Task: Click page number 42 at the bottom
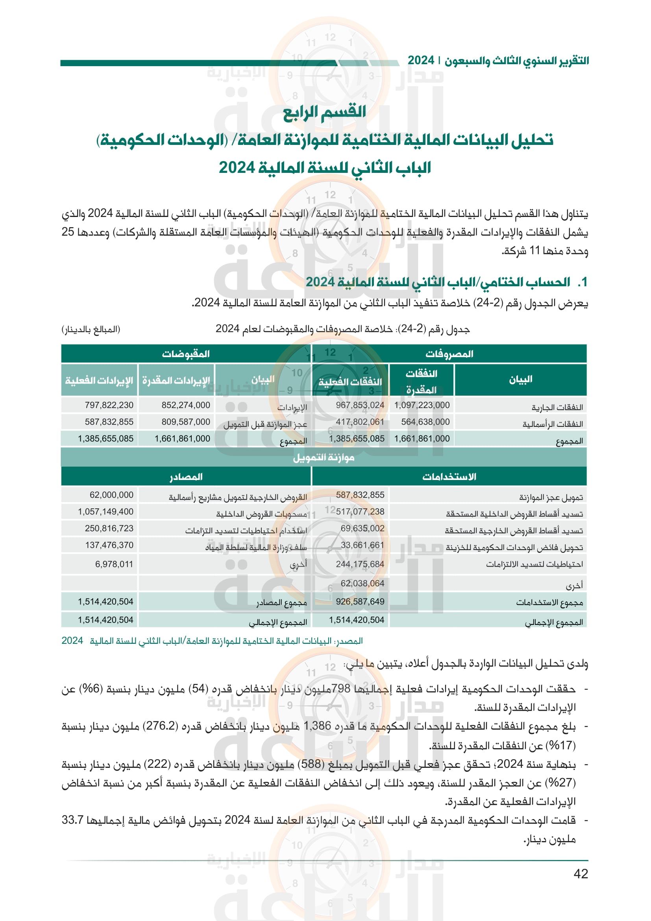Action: click(x=581, y=873)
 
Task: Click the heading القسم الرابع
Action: click(x=324, y=112)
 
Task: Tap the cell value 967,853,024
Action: click(x=360, y=405)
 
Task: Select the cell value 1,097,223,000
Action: click(x=422, y=405)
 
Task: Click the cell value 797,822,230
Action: click(x=109, y=405)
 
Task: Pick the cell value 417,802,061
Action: click(x=360, y=422)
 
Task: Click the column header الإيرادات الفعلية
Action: click(x=99, y=380)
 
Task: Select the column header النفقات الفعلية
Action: click(x=350, y=382)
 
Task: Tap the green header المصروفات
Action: click(x=449, y=354)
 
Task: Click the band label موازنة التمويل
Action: click(x=324, y=457)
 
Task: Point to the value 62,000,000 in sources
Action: click(x=111, y=495)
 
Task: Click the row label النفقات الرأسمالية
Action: click(x=552, y=424)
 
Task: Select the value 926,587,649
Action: click(x=360, y=602)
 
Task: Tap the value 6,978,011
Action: click(x=114, y=564)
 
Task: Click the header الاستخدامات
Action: click(x=449, y=476)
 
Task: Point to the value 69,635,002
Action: click(x=362, y=528)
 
